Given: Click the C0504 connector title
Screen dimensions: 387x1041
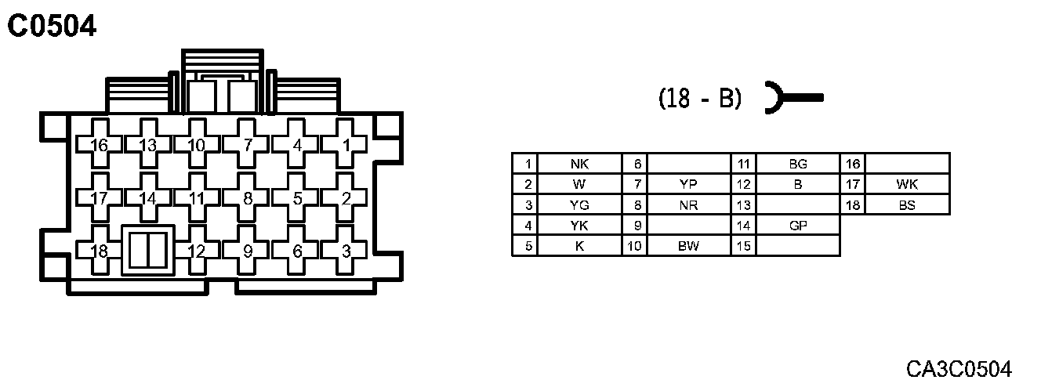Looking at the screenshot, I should coord(52,26).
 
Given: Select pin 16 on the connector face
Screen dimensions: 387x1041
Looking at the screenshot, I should coord(100,145).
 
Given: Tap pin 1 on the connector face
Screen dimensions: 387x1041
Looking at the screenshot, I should coord(346,145).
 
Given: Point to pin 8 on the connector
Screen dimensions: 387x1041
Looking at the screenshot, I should coord(248,198).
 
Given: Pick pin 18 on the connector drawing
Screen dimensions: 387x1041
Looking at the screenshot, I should coord(100,251).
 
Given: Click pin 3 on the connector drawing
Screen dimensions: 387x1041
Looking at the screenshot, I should coord(346,251).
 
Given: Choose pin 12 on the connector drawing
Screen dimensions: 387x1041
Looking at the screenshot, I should coord(198,251).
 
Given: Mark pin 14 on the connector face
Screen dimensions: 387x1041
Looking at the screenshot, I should coord(148,198).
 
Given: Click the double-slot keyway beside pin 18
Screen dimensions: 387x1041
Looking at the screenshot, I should coord(147,251).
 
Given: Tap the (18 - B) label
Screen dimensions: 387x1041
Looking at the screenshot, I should coord(699,99).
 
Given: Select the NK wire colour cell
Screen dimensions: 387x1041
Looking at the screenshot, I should coord(579,164).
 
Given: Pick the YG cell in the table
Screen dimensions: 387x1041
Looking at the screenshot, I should coord(579,205).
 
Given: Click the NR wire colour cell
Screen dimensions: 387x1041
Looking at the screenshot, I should coord(687,205).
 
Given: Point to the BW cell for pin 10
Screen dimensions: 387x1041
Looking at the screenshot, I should coord(687,246).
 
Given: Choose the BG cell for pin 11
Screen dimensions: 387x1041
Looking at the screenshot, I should coord(797,164).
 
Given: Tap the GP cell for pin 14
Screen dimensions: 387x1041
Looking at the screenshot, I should coord(797,226).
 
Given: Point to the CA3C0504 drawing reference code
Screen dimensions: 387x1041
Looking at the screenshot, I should coord(959,368).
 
